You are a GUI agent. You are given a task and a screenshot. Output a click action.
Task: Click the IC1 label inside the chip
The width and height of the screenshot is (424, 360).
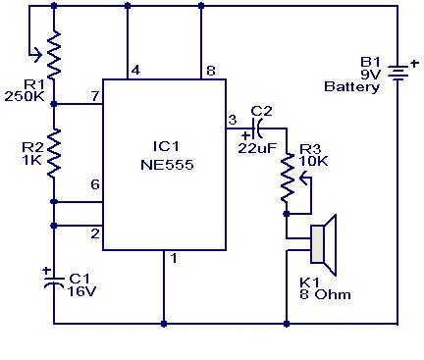click(164, 148)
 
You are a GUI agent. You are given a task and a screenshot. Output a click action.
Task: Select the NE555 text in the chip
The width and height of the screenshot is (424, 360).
click(164, 166)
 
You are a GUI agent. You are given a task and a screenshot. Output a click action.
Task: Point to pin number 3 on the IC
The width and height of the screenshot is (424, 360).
click(233, 119)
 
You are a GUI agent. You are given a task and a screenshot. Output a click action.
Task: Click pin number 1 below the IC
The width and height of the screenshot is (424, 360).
click(174, 259)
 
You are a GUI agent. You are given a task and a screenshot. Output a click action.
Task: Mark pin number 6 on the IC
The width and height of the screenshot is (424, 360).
click(94, 184)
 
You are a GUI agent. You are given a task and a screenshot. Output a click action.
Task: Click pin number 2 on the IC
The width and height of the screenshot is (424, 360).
click(94, 232)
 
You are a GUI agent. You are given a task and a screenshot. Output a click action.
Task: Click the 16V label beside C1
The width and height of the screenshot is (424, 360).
click(81, 290)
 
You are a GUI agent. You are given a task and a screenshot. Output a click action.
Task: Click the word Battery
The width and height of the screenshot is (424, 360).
click(351, 87)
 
